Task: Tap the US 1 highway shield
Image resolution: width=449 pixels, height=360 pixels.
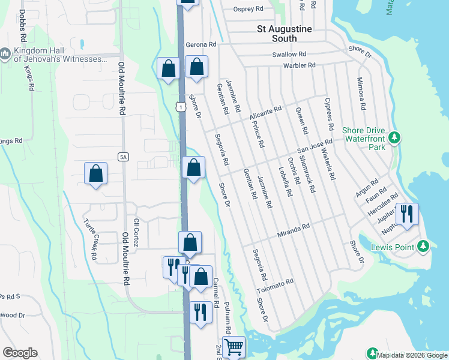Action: coord(180,106)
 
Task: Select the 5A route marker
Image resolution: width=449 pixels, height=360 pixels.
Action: coord(123,157)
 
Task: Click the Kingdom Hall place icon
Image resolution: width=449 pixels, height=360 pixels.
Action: coord(6,54)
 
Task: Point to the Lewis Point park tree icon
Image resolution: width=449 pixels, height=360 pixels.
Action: coord(423,246)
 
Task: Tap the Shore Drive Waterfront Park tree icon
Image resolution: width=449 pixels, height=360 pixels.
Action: coord(394,137)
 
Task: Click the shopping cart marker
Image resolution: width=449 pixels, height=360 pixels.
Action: coord(234,346)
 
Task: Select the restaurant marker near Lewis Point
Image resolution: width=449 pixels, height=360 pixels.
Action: coord(408,214)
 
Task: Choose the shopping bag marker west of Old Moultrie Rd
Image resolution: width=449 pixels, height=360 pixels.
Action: coord(95,173)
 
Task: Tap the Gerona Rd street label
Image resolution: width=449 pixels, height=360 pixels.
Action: coord(200,45)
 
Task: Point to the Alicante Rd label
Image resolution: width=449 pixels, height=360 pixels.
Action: coord(265,113)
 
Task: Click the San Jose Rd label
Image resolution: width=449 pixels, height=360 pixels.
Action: coord(315,146)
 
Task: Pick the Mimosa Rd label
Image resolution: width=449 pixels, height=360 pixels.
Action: coord(361,94)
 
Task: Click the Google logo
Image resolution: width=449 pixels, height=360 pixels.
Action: coord(20,353)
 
